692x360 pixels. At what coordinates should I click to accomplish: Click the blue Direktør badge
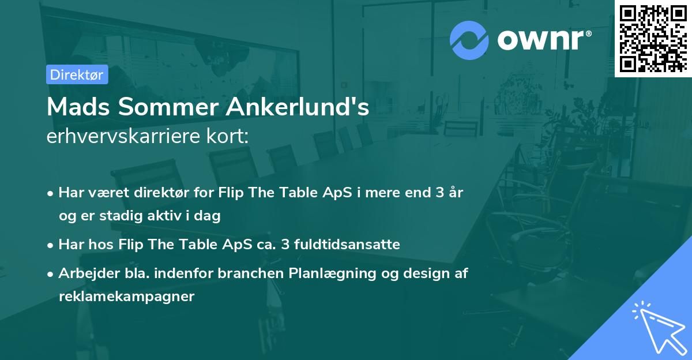77,74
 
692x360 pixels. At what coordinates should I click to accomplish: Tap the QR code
653,39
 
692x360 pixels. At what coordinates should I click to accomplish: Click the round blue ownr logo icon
469,40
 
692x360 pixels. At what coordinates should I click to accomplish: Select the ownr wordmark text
541,40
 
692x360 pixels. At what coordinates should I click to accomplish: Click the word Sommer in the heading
168,107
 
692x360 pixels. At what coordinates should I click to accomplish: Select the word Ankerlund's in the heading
298,107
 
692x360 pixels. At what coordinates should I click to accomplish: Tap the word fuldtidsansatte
347,245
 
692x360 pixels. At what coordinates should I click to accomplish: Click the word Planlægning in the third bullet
332,274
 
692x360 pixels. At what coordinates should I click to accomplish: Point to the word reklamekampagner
127,297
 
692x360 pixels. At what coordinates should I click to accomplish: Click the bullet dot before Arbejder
50,275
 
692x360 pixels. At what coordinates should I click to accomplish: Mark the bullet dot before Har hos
50,246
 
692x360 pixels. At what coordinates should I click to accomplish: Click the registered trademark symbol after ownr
588,33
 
